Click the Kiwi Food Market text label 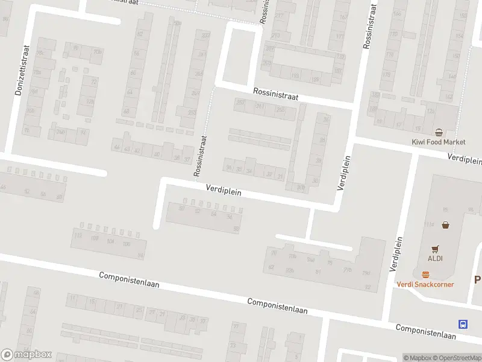(x=438, y=142)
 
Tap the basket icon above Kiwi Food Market (x=439, y=132)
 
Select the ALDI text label (x=435, y=258)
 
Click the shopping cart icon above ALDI (x=435, y=248)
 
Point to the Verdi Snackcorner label (x=425, y=284)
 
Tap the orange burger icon (x=425, y=274)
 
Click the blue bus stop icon (x=463, y=323)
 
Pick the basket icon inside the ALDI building (x=445, y=225)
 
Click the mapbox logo (x=27, y=355)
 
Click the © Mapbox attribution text (x=418, y=358)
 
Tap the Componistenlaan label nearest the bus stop (x=425, y=331)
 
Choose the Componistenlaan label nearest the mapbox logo (x=129, y=280)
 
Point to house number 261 (x=260, y=107)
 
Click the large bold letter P (x=478, y=280)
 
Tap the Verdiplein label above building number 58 (x=224, y=191)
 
